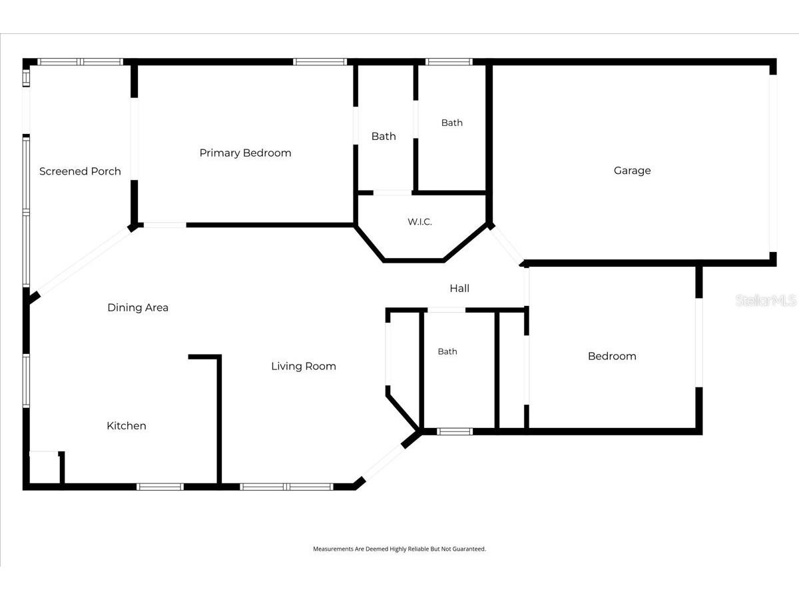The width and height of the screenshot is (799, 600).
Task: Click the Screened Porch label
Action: pos(80,171)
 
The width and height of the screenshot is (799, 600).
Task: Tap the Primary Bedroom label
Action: pos(245,153)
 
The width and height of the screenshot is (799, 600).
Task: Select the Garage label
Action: pos(632,171)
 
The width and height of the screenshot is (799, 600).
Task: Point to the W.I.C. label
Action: pos(419,221)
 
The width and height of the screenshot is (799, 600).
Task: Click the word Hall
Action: pos(459,289)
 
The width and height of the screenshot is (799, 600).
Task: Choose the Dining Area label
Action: pos(138,307)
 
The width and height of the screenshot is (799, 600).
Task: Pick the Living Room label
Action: pos(304,366)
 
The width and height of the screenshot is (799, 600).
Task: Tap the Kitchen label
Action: pos(127,425)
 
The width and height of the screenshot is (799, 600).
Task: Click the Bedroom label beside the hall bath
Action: pos(612,356)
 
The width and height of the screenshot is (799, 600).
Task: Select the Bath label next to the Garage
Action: pos(451,123)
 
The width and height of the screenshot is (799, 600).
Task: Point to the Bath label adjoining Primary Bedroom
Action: pos(384,136)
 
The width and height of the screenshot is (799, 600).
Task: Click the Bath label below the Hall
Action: pos(447,351)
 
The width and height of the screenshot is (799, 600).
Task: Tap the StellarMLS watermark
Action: pos(766,300)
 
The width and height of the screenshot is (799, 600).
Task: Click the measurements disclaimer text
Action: pos(400,549)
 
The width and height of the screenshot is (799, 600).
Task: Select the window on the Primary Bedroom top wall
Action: pos(320,62)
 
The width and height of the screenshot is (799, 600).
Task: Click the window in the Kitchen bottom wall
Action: pos(160,487)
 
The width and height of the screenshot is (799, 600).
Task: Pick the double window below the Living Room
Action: pos(286,487)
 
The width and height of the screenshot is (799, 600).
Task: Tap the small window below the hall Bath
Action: pos(455,432)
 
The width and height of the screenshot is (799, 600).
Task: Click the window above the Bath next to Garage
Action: pos(449,62)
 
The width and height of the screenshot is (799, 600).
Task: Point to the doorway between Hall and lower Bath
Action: pos(446,310)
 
